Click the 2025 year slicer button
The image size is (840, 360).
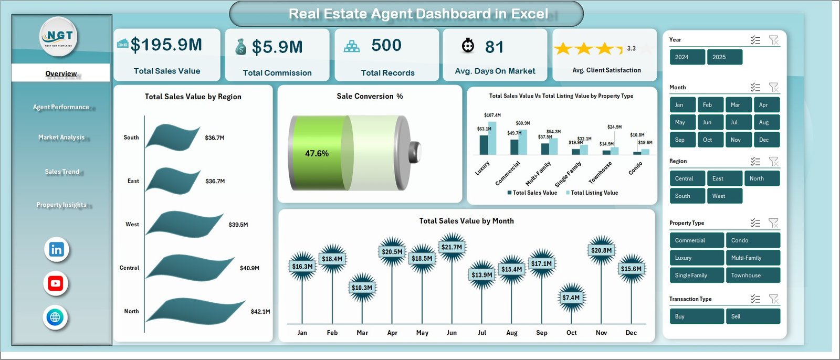(724, 57)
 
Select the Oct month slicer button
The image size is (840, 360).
(707, 140)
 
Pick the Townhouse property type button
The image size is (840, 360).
(752, 276)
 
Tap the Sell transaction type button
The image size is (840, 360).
(752, 316)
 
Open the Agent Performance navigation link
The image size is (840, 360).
(61, 107)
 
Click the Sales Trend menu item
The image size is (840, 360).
(62, 172)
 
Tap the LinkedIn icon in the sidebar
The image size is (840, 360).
(56, 250)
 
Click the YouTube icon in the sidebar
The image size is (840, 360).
(56, 284)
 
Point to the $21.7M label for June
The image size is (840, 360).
(451, 247)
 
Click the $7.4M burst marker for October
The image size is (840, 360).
(571, 298)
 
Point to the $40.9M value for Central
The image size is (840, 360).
(249, 268)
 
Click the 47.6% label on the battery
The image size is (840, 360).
(317, 154)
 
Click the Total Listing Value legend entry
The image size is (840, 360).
(594, 193)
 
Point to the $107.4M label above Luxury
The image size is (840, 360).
(492, 115)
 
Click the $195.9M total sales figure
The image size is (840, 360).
(166, 45)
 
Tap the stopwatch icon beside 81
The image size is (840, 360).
(468, 46)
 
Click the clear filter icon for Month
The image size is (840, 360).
(773, 87)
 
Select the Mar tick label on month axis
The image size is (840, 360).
(362, 333)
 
